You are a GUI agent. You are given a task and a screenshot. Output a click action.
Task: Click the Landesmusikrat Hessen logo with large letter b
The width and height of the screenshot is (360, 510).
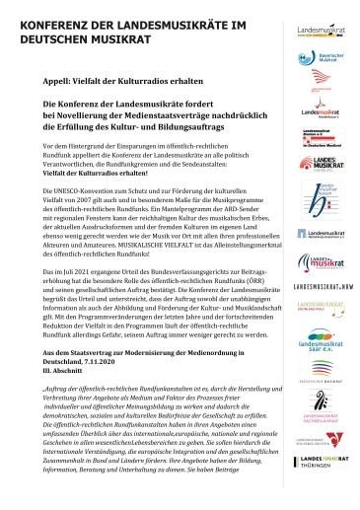320,196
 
